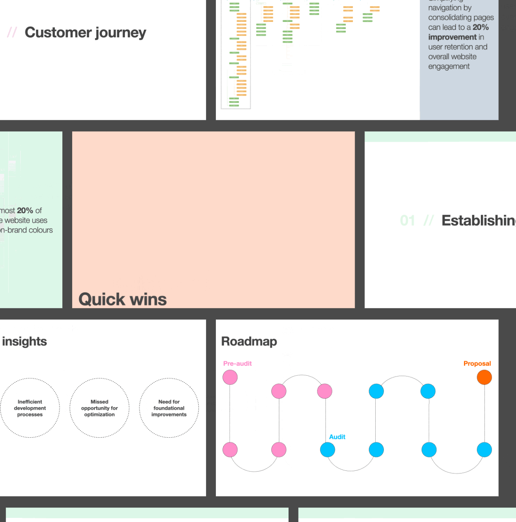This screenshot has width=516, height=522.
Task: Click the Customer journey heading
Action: coord(85,33)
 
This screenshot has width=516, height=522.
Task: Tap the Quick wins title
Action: coord(123,299)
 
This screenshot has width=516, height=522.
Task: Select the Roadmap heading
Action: coord(249,342)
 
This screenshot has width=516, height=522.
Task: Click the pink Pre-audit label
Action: coord(237,363)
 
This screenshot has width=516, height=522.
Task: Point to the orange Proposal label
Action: coord(477,363)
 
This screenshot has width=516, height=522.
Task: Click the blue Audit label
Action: coord(337,437)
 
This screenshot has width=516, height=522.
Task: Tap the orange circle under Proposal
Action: coord(484,377)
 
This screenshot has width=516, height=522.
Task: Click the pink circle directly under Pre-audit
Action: coord(230,377)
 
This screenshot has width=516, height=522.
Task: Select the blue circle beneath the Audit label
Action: coord(327,450)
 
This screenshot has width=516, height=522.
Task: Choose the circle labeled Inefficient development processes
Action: coord(30,408)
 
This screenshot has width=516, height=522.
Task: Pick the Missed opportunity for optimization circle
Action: coord(99,408)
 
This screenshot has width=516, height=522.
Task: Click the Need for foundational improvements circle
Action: coord(169,408)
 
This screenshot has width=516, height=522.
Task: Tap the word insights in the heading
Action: coord(24,342)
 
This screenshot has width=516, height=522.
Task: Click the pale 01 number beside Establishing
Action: coord(407,221)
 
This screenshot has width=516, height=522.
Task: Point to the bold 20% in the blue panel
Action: coord(480,27)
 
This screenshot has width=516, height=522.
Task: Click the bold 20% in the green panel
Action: coord(25,211)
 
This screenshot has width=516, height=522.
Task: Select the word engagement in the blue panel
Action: coord(449,66)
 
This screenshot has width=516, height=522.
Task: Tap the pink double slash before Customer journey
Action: coord(12,33)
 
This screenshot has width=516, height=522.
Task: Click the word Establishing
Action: coord(478,221)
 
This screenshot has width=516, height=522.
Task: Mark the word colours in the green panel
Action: coord(40,230)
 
